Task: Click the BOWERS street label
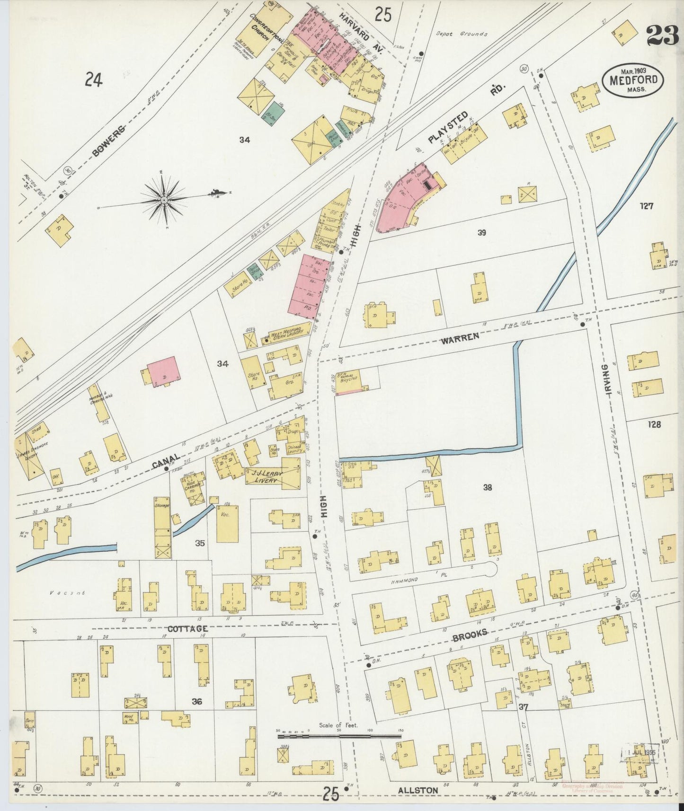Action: [109, 141]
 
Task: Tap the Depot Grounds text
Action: [461, 34]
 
